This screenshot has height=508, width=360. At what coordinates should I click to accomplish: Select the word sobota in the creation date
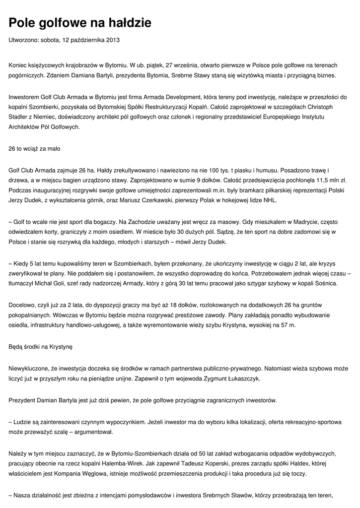coord(50,40)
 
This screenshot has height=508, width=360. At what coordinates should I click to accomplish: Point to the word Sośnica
coord(324,283)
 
